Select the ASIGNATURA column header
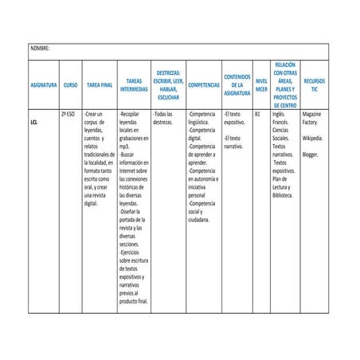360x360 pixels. (x=43, y=84)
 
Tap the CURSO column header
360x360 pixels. (x=70, y=84)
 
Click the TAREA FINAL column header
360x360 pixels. (x=100, y=84)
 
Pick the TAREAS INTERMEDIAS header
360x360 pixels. (x=134, y=84)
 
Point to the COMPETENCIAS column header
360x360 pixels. (x=205, y=84)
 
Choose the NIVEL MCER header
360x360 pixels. (x=260, y=84)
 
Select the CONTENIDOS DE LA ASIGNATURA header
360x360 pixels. (x=237, y=84)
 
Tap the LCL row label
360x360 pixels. (x=34, y=124)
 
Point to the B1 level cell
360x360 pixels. (x=256, y=115)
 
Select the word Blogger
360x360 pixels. (x=311, y=155)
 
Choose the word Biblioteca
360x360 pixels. (x=284, y=194)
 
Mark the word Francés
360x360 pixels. (x=281, y=123)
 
